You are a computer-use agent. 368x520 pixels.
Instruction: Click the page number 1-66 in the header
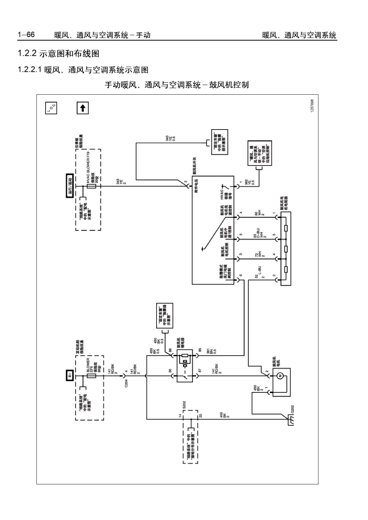coord(26,35)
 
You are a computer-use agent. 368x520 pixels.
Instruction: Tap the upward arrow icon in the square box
coord(82,108)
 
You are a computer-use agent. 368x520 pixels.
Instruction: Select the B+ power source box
coord(70,375)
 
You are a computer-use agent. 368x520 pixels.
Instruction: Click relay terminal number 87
coord(200,370)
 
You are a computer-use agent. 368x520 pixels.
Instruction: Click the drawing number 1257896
coord(312,106)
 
